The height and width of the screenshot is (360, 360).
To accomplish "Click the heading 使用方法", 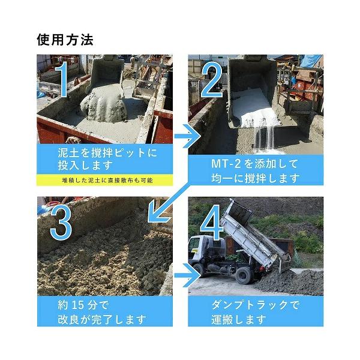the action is coord(65,40).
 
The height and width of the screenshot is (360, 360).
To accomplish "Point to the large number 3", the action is coord(61,222).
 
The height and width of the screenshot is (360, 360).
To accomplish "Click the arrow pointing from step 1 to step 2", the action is coord(188,136).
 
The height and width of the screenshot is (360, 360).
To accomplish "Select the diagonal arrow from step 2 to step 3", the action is coord(169,203).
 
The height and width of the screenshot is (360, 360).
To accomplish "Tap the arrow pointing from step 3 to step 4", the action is coord(188,275).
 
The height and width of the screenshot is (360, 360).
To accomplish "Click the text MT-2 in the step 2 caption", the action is coord(226,164).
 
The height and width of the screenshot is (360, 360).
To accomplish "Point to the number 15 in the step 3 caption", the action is coord(78,305).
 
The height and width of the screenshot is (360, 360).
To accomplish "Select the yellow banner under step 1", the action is coord(104,180).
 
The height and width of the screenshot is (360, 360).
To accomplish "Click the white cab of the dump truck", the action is coord(197,250).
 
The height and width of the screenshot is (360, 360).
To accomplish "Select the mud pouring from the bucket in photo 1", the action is coord(103,104).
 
